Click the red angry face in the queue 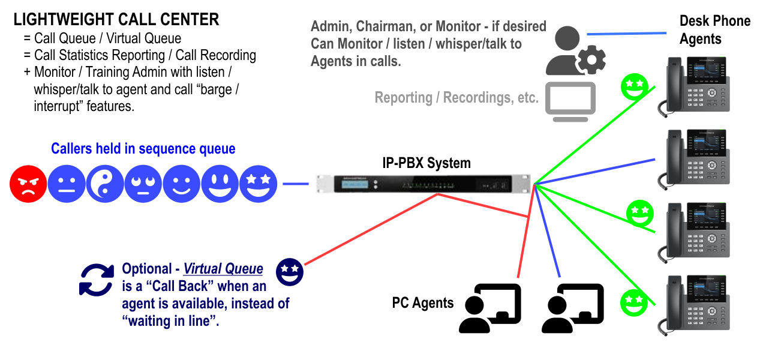tap(28, 184)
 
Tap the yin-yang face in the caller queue tap(105, 184)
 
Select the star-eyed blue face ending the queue tap(258, 184)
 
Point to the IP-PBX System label tap(426, 163)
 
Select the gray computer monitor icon tap(570, 101)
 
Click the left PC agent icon tap(489, 308)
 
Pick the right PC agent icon tap(572, 308)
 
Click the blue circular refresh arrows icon tap(96, 280)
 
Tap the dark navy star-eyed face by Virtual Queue tap(290, 272)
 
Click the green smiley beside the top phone tap(635, 88)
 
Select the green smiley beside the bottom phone tap(634, 302)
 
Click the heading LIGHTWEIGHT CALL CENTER tap(116, 19)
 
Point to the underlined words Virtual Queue tap(223, 269)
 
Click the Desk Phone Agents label tap(714, 30)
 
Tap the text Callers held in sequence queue tap(143, 149)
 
